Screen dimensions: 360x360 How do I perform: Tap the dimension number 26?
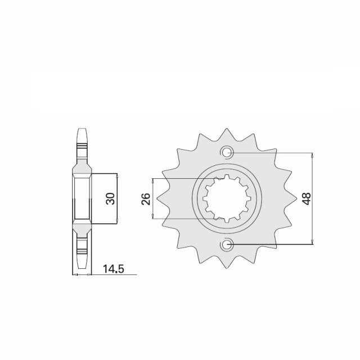point(146,199)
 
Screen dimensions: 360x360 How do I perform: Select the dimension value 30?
point(110,198)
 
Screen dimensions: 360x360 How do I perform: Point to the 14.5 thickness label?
point(113,269)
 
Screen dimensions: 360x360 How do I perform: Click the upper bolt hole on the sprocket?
point(227,152)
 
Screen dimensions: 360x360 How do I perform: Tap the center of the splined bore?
point(227,199)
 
